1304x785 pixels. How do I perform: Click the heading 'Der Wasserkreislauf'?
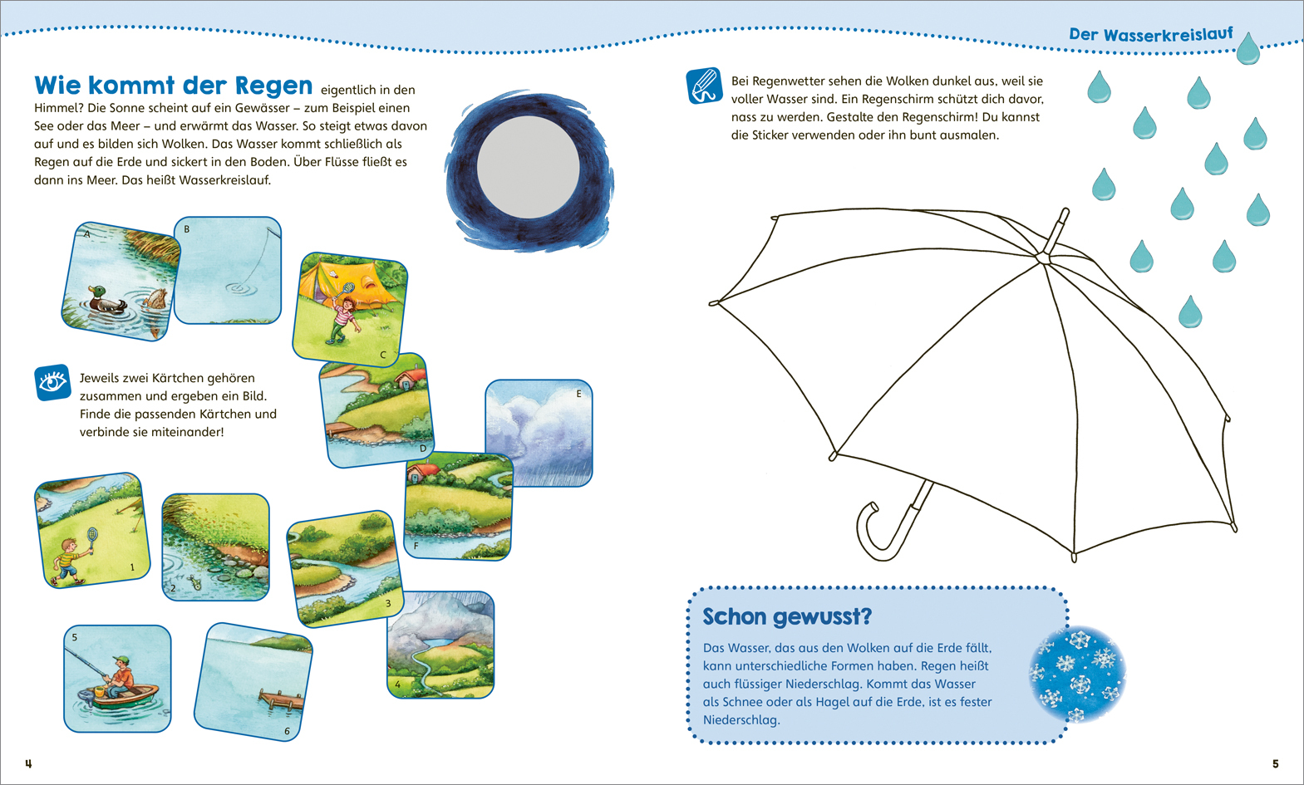point(1150,34)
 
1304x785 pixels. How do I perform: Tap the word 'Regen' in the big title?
point(273,86)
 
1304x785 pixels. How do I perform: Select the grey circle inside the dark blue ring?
point(528,167)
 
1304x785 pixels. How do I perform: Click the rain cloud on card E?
point(539,429)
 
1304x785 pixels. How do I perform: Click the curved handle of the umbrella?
point(891,527)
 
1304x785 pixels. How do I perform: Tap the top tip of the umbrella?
point(1065,211)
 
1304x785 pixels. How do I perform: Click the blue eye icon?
point(52,382)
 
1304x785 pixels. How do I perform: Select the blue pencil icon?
point(705,86)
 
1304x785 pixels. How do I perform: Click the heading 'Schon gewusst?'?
point(787,617)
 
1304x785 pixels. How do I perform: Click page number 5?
point(1275,763)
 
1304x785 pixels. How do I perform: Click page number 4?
point(28,763)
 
